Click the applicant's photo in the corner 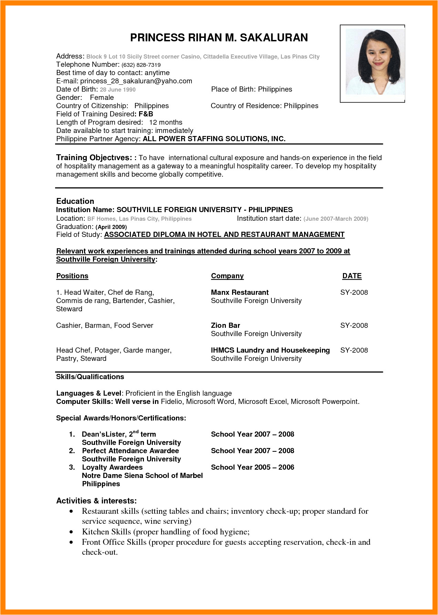pyautogui.click(x=372, y=64)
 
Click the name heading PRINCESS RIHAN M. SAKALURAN pyautogui.click(x=219, y=38)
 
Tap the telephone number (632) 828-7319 pyautogui.click(x=141, y=65)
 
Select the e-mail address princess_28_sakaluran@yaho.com pyautogui.click(x=136, y=81)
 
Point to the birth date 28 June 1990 pyautogui.click(x=118, y=90)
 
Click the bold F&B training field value pyautogui.click(x=146, y=114)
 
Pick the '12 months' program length pyautogui.click(x=166, y=122)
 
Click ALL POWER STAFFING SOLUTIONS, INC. pyautogui.click(x=214, y=139)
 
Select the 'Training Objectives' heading pyautogui.click(x=94, y=158)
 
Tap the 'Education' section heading pyautogui.click(x=75, y=201)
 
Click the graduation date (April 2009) pyautogui.click(x=111, y=227)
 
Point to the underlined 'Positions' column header pyautogui.click(x=72, y=276)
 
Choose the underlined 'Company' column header pyautogui.click(x=227, y=276)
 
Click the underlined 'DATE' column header pyautogui.click(x=352, y=276)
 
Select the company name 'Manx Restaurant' pyautogui.click(x=240, y=292)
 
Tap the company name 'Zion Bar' pyautogui.click(x=225, y=325)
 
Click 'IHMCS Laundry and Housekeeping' pyautogui.click(x=270, y=350)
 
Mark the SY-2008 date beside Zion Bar pyautogui.click(x=354, y=325)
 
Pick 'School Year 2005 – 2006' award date pyautogui.click(x=252, y=467)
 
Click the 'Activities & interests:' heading pyautogui.click(x=96, y=501)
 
